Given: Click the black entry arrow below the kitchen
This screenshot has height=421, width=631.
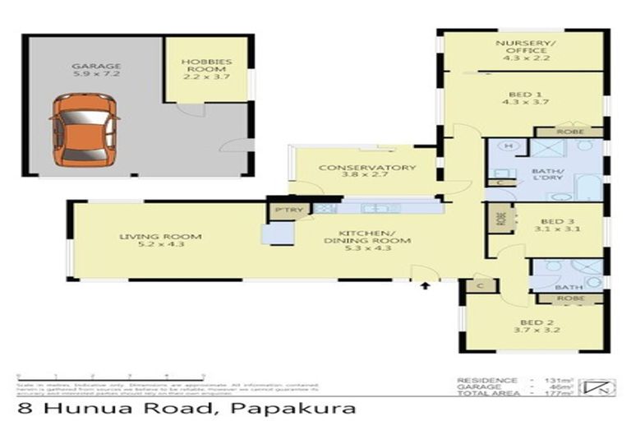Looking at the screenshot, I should pos(425,286).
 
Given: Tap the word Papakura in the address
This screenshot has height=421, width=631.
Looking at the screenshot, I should pos(294,408).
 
